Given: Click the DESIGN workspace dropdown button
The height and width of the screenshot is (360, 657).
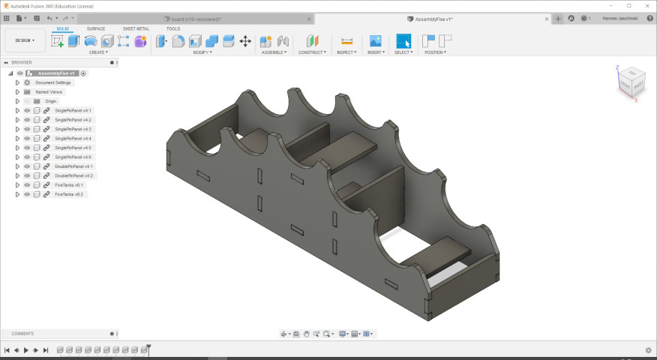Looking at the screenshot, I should click(24, 40).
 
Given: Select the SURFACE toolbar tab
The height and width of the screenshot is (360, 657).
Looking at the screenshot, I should click(96, 28).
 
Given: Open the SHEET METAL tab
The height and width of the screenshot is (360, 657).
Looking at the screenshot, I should click(136, 28).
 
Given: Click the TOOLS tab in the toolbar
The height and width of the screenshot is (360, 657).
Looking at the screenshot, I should click(173, 28).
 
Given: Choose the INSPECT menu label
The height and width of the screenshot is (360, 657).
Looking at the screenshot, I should click(346, 52).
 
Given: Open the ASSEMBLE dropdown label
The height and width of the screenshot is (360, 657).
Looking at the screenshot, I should click(274, 52).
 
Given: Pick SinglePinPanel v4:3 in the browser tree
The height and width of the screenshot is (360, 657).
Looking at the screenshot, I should click(73, 129).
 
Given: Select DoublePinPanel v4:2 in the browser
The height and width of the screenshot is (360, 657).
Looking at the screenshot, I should click(73, 175).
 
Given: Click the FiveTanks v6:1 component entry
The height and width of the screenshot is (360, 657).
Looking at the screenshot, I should click(69, 184).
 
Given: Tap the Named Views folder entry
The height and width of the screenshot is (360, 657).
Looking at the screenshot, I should click(49, 91).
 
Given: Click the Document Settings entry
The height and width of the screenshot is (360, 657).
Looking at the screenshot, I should click(52, 82).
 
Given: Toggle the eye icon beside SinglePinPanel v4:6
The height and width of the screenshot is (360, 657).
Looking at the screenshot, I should click(26, 157).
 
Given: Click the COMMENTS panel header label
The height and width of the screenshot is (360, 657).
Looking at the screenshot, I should click(22, 334).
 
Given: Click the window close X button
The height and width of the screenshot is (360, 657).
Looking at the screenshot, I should click(646, 5).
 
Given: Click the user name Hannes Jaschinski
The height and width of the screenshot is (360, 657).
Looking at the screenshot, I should click(622, 18).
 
